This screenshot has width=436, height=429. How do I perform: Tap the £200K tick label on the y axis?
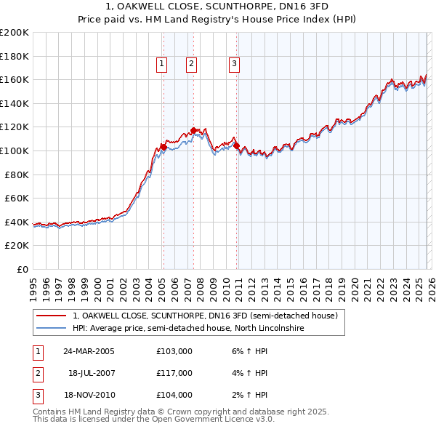[15, 33]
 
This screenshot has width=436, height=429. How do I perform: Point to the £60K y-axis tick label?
[17, 198]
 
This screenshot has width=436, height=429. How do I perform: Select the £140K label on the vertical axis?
[15, 103]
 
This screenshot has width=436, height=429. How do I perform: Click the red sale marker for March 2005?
[163, 148]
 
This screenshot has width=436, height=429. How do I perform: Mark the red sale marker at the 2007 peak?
[193, 131]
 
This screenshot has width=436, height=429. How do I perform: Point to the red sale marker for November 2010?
[237, 146]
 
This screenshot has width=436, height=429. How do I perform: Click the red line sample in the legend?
[52, 316]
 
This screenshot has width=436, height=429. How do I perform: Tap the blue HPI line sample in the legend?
[52, 329]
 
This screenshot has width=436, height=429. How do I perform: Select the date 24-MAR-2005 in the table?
[89, 351]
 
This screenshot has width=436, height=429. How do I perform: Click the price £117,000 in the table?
[174, 373]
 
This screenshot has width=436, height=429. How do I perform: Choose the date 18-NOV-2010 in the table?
[89, 395]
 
